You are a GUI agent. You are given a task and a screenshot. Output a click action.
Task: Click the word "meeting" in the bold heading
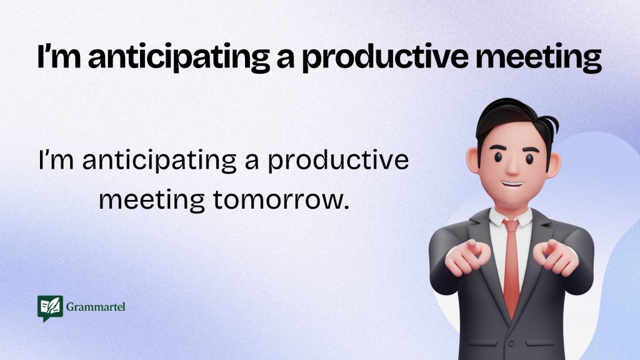[538, 57]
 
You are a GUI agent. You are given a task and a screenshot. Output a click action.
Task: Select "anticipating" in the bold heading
[179, 57]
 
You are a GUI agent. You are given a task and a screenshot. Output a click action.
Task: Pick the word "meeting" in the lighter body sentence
[152, 201]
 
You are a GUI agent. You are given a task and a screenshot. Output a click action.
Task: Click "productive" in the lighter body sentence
[338, 161]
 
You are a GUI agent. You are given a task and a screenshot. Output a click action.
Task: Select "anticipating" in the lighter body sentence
[159, 161]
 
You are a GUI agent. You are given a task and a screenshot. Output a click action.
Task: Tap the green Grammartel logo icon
[50, 308]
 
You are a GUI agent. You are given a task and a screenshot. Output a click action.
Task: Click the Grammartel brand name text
[96, 306]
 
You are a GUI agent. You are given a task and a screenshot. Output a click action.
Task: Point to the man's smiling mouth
[512, 184]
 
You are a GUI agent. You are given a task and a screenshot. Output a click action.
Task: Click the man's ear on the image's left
[473, 161]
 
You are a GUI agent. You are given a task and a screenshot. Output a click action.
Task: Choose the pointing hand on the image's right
[556, 257]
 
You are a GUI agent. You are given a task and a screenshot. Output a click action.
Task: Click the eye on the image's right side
[530, 158]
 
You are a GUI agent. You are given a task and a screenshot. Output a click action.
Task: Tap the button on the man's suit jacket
[511, 344]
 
